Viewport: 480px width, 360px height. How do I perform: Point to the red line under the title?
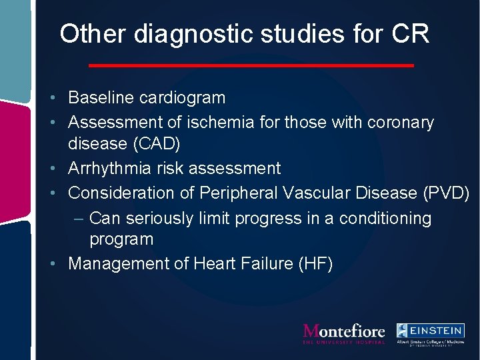pyautogui.click(x=251, y=65)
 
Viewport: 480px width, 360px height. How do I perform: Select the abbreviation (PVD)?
pyautogui.click(x=446, y=193)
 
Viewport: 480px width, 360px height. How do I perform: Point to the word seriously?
pyautogui.click(x=159, y=218)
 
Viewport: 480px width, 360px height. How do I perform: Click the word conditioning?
pyautogui.click(x=385, y=218)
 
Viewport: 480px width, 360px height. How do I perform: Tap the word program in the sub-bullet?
pyautogui.click(x=121, y=239)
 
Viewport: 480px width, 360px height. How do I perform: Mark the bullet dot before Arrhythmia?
pyautogui.click(x=60, y=169)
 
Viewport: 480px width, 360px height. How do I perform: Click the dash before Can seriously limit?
pyautogui.click(x=79, y=218)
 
